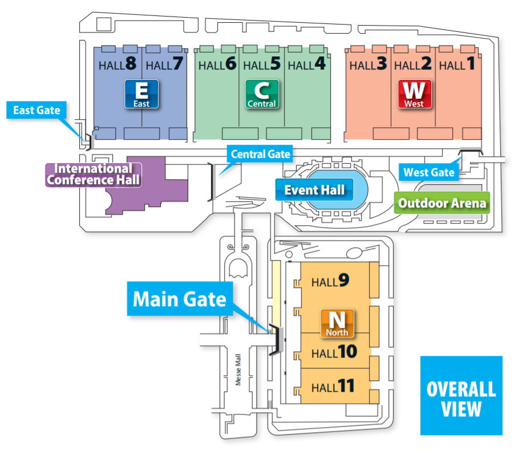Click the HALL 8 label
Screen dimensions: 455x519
click(x=117, y=64)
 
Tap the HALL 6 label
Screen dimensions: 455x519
click(x=217, y=64)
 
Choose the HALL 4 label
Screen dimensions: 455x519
click(x=307, y=64)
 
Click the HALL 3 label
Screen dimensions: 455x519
click(x=368, y=64)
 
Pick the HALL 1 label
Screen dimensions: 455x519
click(x=457, y=64)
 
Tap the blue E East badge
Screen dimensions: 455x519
click(x=141, y=94)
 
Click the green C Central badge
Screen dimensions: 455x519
click(x=262, y=94)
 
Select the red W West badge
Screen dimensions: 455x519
click(x=414, y=94)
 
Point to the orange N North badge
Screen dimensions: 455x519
click(x=337, y=323)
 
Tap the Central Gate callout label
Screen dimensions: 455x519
click(x=261, y=153)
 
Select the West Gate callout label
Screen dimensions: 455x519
click(x=429, y=172)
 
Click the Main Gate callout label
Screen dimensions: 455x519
click(x=180, y=298)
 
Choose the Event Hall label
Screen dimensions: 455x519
click(x=314, y=190)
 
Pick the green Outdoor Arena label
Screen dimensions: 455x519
click(x=443, y=202)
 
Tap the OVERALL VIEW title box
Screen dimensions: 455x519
click(x=461, y=396)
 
